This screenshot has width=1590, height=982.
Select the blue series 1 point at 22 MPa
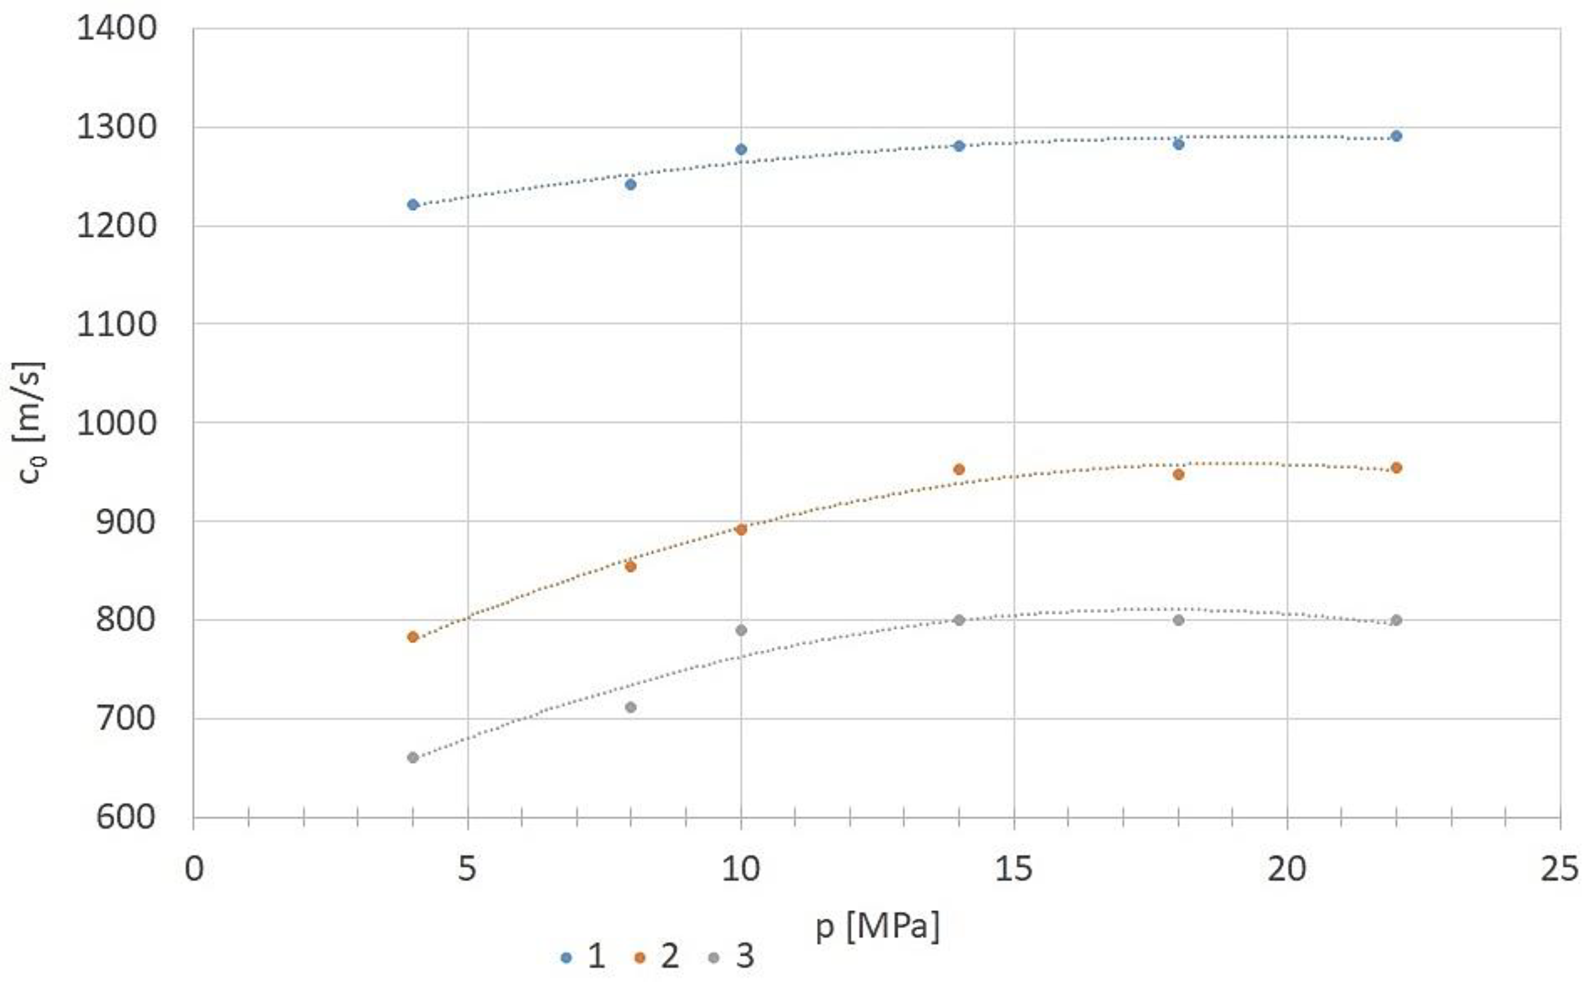coord(1396,136)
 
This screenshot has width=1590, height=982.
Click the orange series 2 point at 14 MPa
coord(958,469)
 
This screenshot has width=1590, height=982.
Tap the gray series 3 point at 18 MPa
coord(1178,620)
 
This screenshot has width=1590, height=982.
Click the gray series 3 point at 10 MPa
coord(740,630)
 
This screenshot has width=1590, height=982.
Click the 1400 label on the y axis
coord(117,29)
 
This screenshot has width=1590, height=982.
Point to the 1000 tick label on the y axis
coord(117,423)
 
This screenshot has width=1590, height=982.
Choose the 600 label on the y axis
coord(126,817)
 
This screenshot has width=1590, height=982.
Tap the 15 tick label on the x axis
coord(1013,869)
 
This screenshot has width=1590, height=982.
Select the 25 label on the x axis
coord(1559,869)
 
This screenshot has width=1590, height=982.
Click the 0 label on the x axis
coord(193,869)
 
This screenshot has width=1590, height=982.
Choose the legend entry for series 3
coord(731,957)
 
